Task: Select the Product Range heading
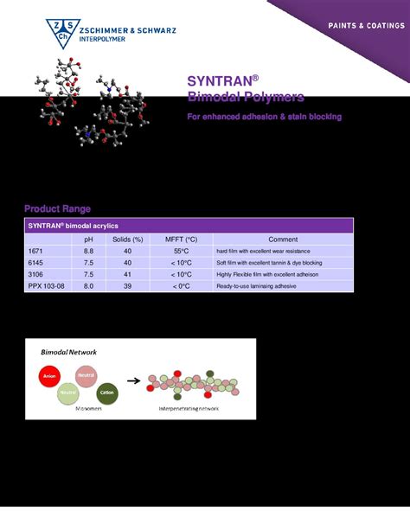click(57, 208)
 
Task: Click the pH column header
click(88, 239)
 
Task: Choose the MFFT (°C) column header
click(181, 239)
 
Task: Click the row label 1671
click(36, 251)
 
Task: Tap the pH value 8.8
click(88, 251)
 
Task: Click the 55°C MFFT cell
click(181, 251)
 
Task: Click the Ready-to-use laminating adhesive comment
click(263, 285)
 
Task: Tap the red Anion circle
click(49, 377)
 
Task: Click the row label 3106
click(36, 274)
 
